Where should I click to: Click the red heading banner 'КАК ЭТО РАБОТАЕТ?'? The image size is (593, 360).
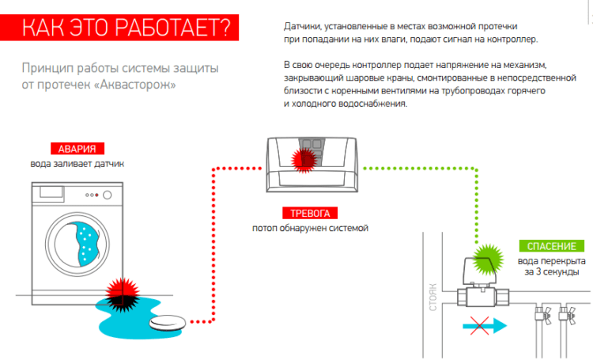(x=127, y=27)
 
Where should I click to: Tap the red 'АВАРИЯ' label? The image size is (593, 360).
(x=76, y=149)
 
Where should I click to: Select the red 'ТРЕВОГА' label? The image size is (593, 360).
(x=310, y=213)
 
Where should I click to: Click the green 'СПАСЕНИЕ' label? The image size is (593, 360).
(x=546, y=246)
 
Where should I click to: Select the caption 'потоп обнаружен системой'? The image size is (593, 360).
(x=310, y=228)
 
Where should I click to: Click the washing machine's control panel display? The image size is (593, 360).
(x=53, y=192)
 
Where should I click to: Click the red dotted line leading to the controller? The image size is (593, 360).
(x=212, y=237)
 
